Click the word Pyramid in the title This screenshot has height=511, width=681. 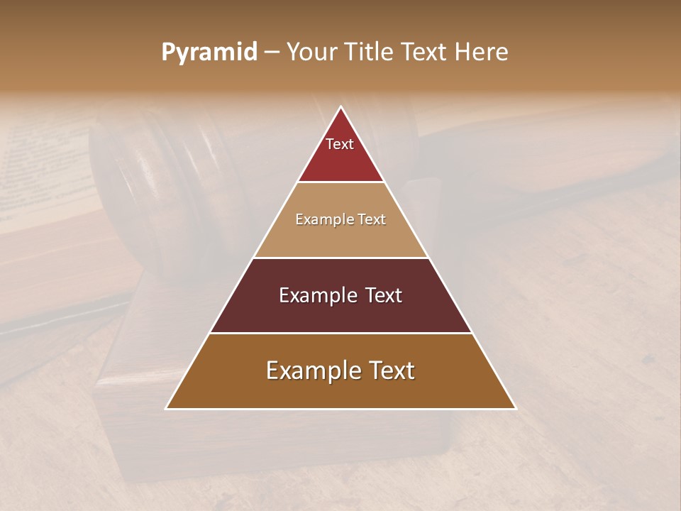[209, 53]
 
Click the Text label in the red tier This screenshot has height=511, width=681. [340, 144]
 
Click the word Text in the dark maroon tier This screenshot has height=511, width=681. [383, 295]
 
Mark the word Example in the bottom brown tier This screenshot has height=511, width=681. [308, 370]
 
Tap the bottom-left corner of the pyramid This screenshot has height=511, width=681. [167, 408]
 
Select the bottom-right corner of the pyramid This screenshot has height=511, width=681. [515, 408]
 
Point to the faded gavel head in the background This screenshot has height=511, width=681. [163, 177]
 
